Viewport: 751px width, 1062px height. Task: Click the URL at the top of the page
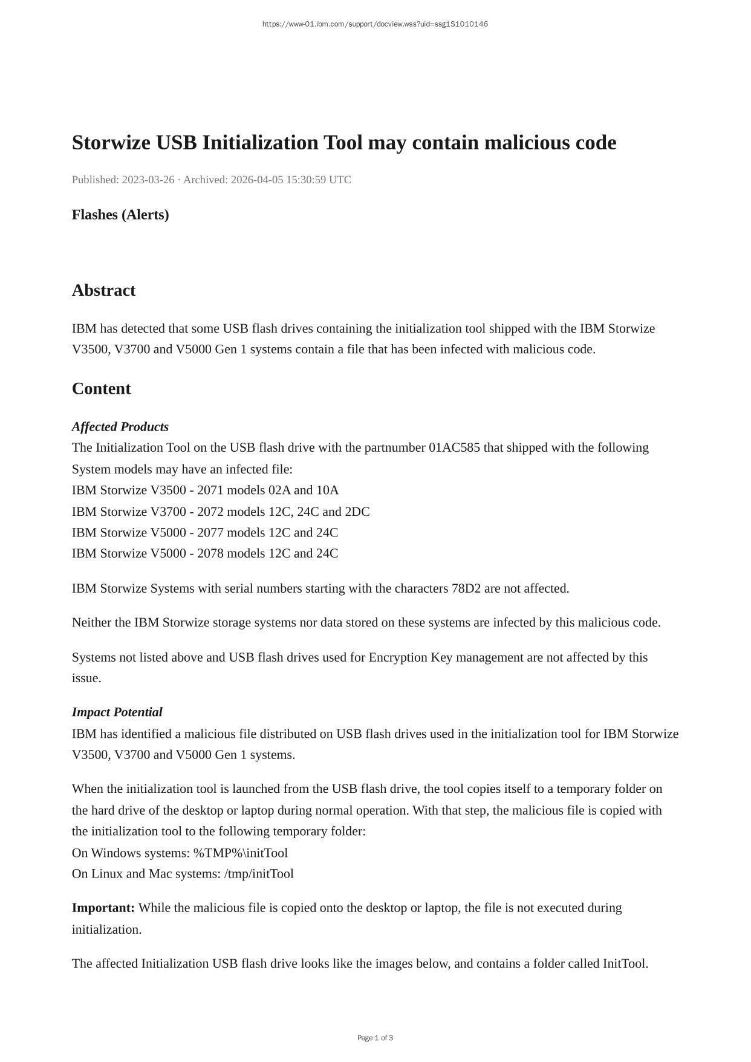click(x=375, y=24)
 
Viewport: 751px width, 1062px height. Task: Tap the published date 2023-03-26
click(x=148, y=180)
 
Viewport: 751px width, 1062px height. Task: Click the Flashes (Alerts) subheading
click(x=120, y=215)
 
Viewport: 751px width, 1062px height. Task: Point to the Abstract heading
click(x=103, y=290)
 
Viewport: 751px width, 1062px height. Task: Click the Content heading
click(x=101, y=389)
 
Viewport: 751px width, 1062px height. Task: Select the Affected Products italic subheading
click(x=120, y=427)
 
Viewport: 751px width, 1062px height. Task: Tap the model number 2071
click(x=210, y=490)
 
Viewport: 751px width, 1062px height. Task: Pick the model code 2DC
click(x=357, y=512)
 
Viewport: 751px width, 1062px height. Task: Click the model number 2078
click(x=210, y=553)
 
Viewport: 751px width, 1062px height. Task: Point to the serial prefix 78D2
click(x=466, y=588)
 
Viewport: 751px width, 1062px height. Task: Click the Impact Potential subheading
click(x=117, y=712)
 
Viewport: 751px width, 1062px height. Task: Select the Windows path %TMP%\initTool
click(x=241, y=853)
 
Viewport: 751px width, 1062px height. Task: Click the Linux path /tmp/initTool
click(x=259, y=874)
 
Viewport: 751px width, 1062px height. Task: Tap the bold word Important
click(x=103, y=908)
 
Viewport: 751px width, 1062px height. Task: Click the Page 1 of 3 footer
click(x=375, y=1038)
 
